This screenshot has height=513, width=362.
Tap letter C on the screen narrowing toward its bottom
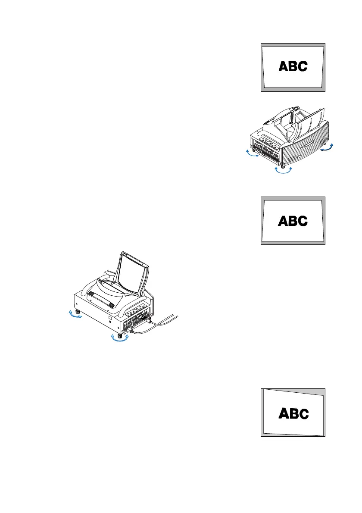pyautogui.click(x=303, y=66)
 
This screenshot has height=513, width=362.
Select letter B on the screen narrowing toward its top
pyautogui.click(x=293, y=221)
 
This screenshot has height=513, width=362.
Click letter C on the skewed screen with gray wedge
pyautogui.click(x=303, y=414)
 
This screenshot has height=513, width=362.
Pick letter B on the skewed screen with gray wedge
pyautogui.click(x=293, y=414)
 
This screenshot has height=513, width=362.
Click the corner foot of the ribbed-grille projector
pyautogui.click(x=283, y=165)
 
